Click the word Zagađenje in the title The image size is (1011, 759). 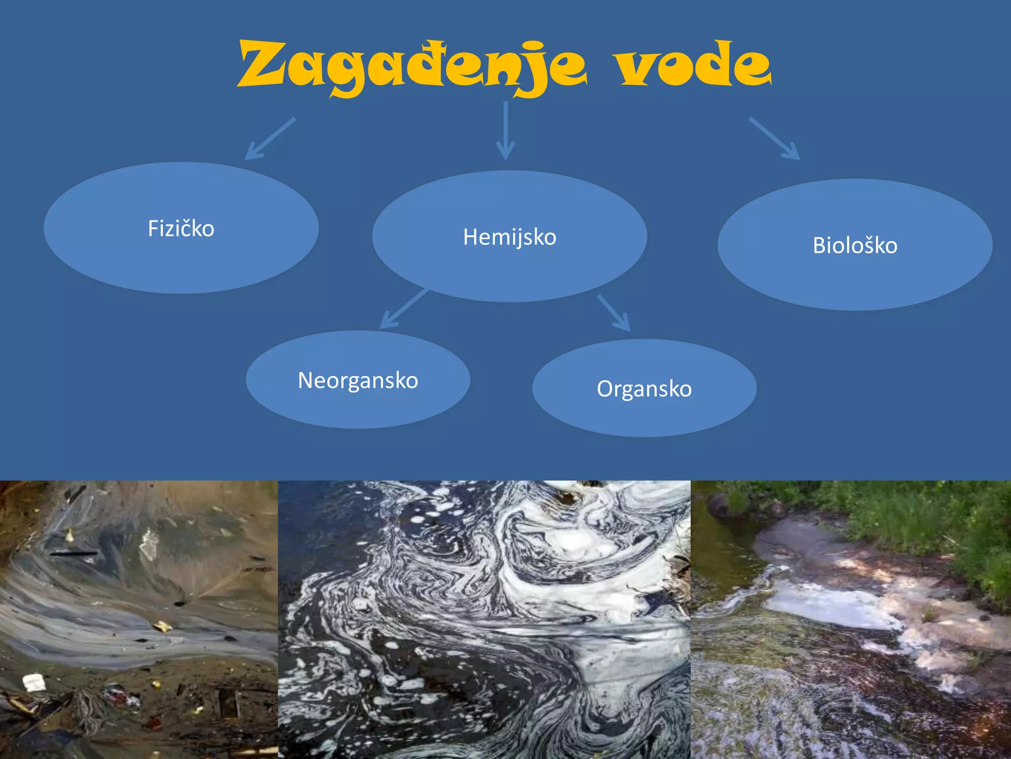pos(412,67)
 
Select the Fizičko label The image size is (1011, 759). pos(181,228)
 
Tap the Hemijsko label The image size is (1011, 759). pos(509,237)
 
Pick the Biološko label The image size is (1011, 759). pos(855,245)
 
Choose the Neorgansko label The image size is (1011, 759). pos(358,380)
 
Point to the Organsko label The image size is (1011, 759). pos(644,388)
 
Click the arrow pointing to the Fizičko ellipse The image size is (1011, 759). pos(270,139)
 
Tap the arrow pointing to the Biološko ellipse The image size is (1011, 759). pos(775,138)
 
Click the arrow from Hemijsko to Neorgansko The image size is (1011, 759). pos(403,309)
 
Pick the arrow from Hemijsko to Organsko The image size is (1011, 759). pos(614,313)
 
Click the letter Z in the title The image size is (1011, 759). pos(262,64)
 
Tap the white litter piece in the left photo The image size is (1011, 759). pos(34,682)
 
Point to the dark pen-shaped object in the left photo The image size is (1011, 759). pos(73,553)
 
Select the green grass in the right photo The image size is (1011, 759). pos(913,519)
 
